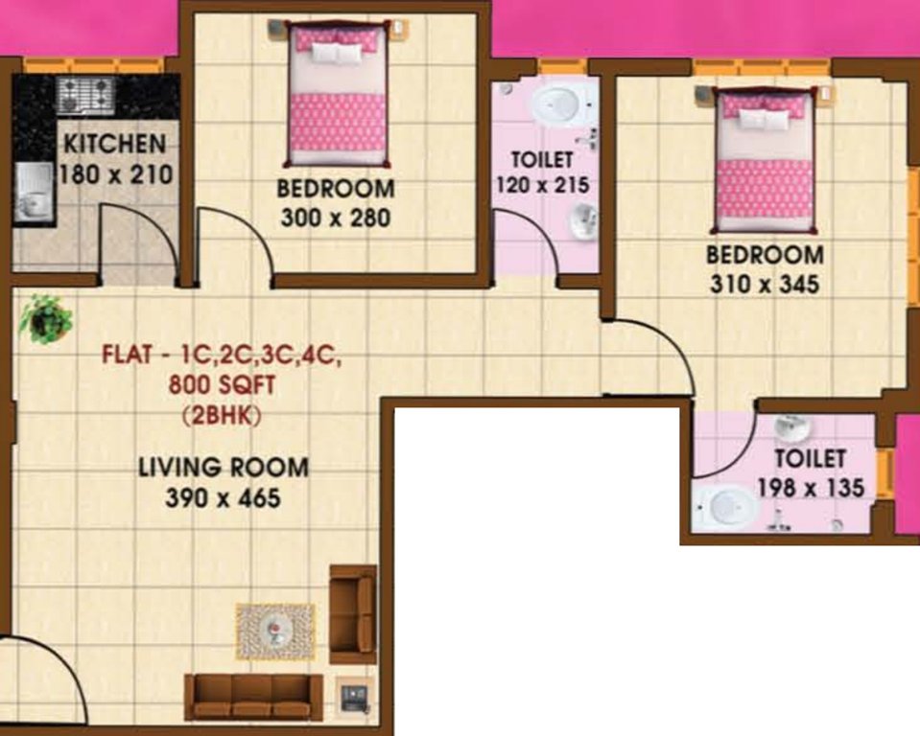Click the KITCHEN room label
[x=114, y=145]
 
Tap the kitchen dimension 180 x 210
[x=114, y=174]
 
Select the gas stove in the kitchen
[x=85, y=95]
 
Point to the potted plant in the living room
[x=45, y=318]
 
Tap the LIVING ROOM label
[x=224, y=468]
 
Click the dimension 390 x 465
[x=224, y=498]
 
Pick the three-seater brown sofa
[x=253, y=697]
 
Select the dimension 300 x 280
[x=335, y=218]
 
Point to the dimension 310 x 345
[x=765, y=285]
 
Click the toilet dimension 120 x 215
[x=541, y=185]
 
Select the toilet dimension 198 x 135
[x=811, y=488]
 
